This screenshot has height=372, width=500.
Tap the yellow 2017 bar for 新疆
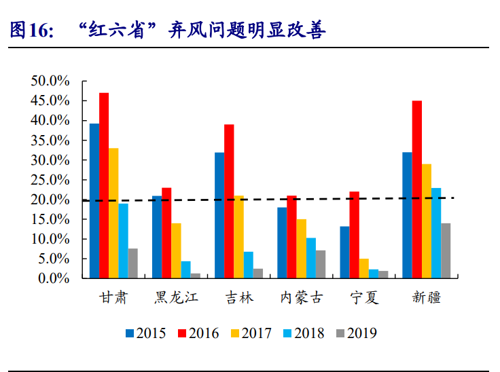(x=426, y=221)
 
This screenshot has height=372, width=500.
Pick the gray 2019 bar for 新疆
(x=446, y=250)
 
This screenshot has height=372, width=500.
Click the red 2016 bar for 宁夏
(x=355, y=235)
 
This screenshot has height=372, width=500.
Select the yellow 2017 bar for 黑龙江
(x=176, y=250)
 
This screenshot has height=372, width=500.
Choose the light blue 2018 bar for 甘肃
(x=123, y=241)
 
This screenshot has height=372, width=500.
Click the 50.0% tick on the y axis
(x=50, y=81)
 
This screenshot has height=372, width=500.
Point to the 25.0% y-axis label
(x=50, y=180)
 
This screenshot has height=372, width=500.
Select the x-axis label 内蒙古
(x=301, y=297)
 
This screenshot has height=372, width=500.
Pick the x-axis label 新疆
(x=426, y=297)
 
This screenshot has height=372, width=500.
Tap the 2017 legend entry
(x=252, y=333)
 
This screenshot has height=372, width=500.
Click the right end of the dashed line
(x=453, y=198)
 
